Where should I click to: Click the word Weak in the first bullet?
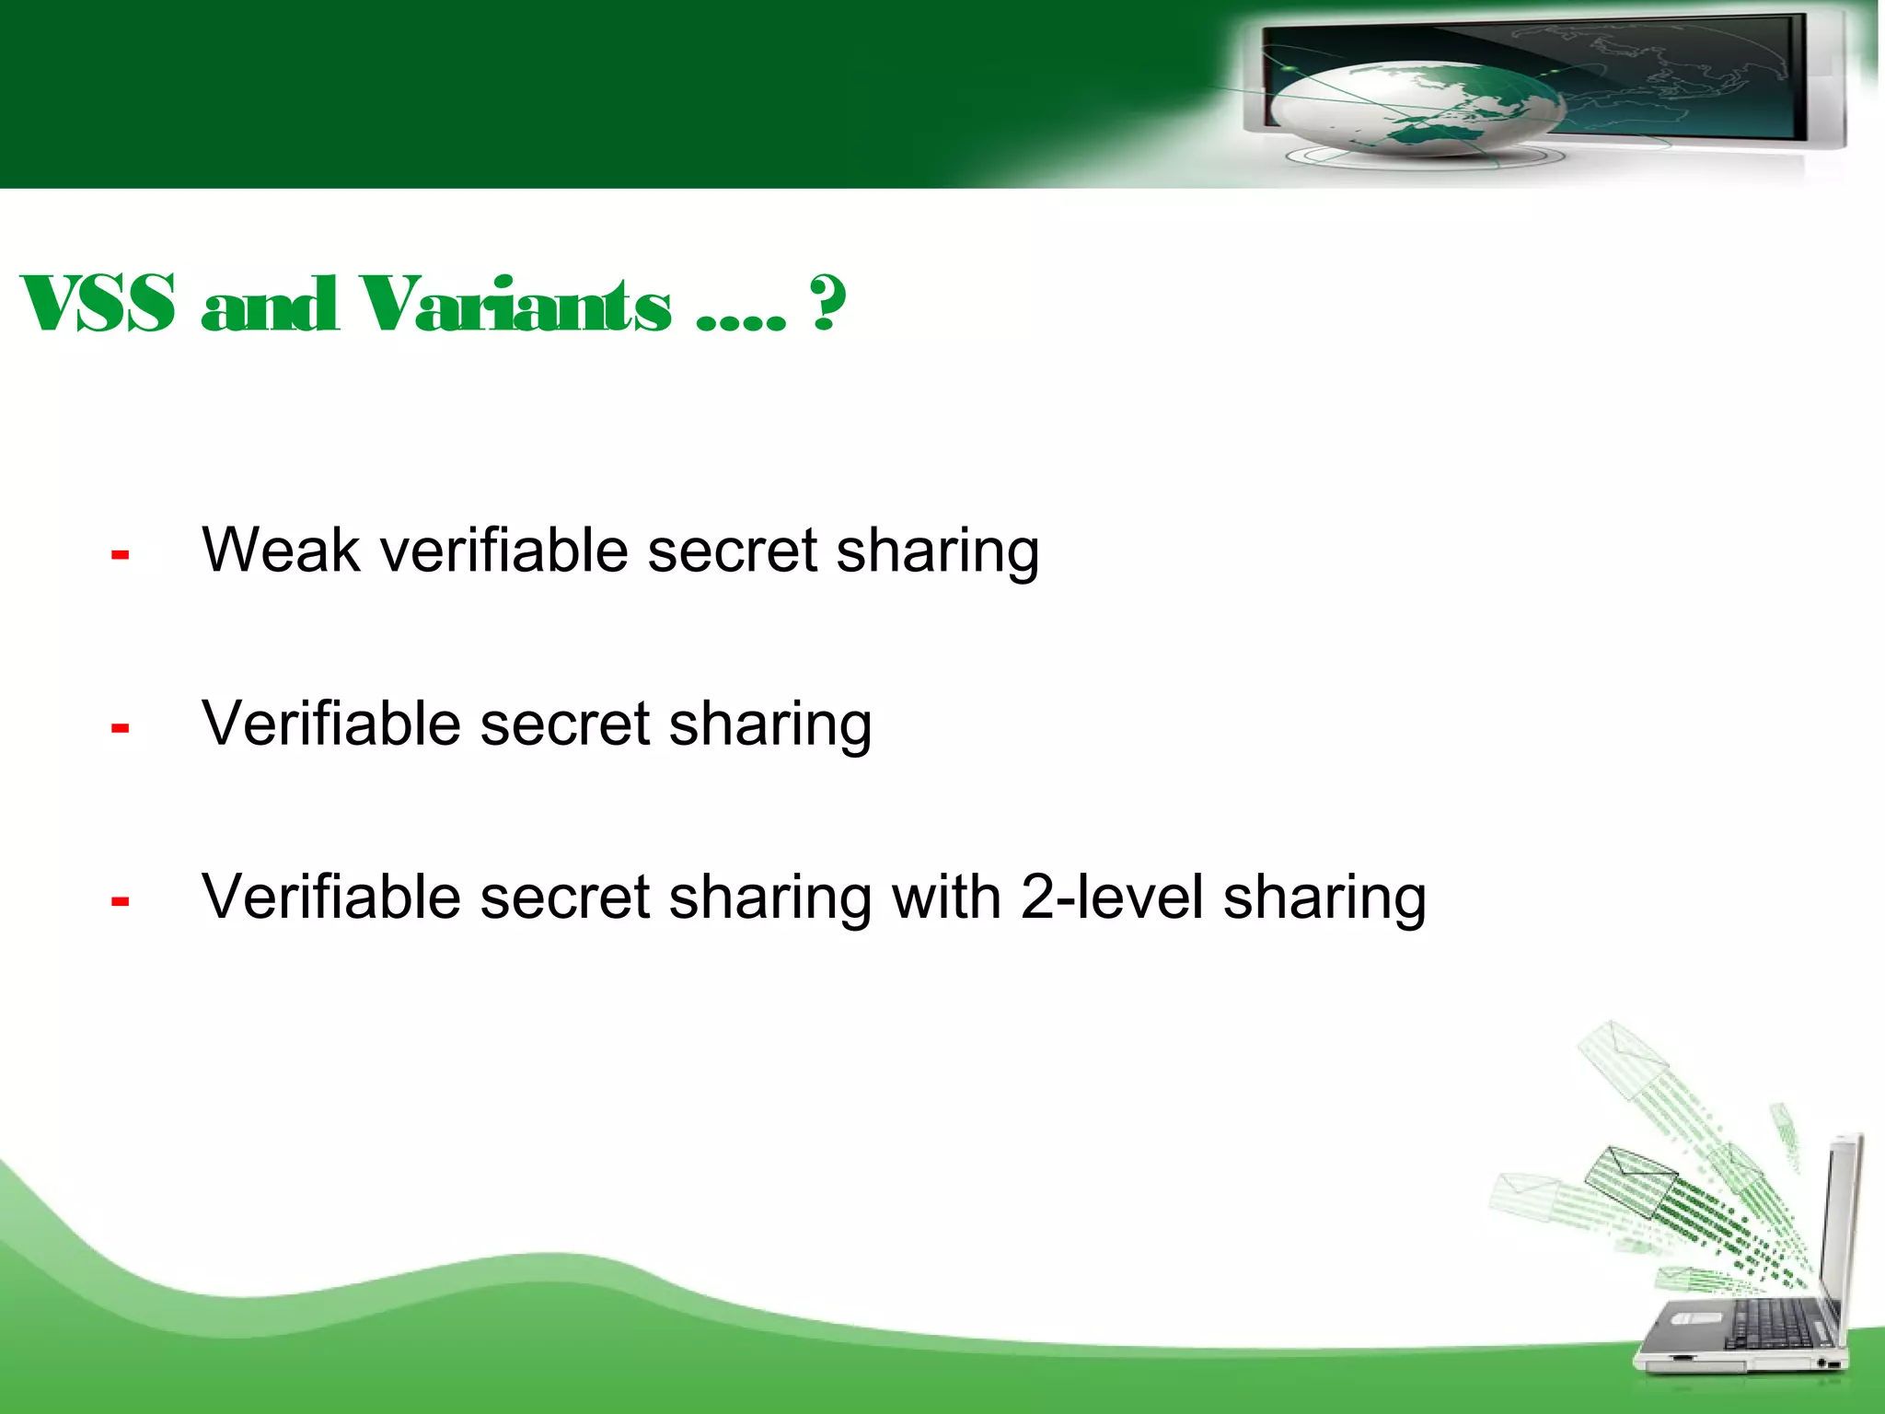tap(281, 551)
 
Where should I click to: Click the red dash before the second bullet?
tap(120, 728)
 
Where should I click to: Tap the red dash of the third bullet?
tap(120, 901)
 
